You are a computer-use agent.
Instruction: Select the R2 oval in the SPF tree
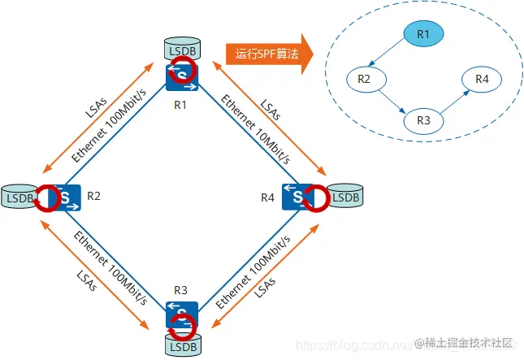(x=364, y=80)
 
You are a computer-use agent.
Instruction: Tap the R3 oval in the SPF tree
(x=422, y=120)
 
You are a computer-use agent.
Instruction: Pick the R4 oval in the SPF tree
(x=482, y=80)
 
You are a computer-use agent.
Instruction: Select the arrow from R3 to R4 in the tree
(x=453, y=100)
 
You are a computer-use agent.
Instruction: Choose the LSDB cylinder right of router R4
(x=345, y=196)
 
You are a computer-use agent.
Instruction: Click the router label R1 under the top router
(x=180, y=105)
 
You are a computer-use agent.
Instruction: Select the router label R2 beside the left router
(x=93, y=196)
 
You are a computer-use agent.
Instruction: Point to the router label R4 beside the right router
(x=267, y=197)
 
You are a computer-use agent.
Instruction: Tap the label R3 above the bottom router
(x=180, y=289)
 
